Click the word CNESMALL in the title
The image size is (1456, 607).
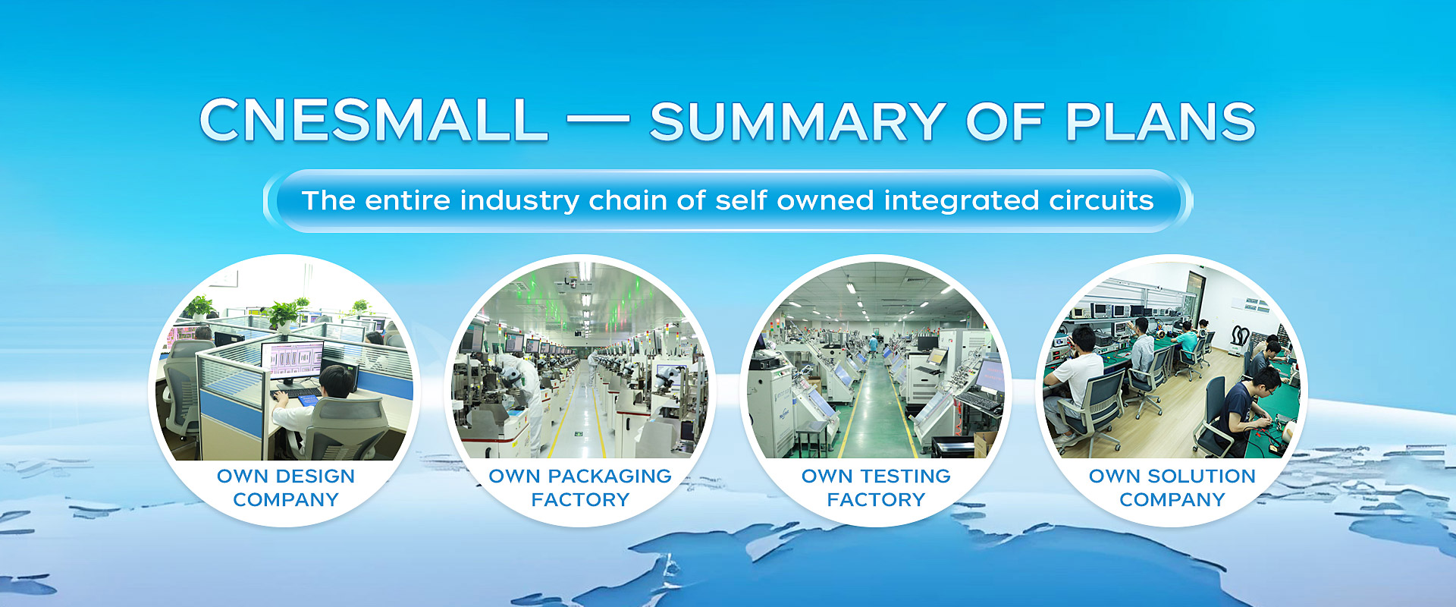click(x=373, y=120)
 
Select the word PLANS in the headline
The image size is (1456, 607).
click(x=1160, y=121)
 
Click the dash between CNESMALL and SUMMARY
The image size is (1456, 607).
click(x=598, y=119)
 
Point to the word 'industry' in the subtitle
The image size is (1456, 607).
click(x=519, y=200)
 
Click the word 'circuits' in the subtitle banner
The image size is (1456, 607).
click(x=1101, y=200)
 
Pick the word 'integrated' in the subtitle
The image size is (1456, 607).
click(x=962, y=202)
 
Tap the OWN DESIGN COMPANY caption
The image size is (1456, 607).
click(x=286, y=488)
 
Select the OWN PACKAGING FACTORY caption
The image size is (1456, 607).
click(x=580, y=488)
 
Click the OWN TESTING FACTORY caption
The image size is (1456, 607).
click(x=876, y=488)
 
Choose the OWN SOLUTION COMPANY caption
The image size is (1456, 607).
click(x=1172, y=488)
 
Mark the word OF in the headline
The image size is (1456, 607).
click(x=1006, y=121)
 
